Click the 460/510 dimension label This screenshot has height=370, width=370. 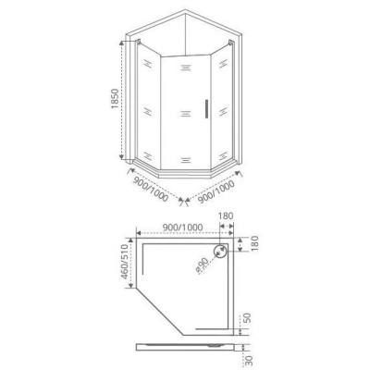[122, 269]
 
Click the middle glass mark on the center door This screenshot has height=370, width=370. [185, 113]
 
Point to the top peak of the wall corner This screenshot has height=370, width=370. [188, 11]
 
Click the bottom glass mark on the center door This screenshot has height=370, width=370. [185, 155]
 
